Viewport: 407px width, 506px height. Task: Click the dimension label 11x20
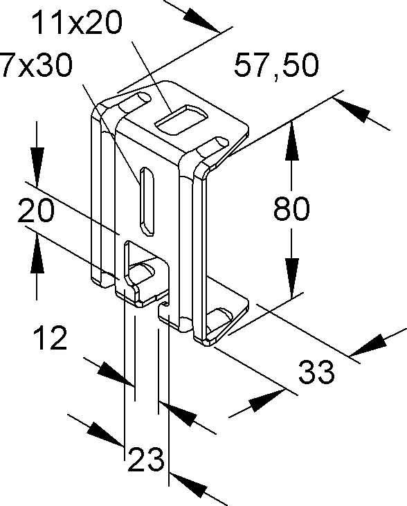tap(77, 23)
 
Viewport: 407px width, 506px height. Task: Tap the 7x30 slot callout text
tap(36, 65)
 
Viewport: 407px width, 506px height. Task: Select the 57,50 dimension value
tap(276, 66)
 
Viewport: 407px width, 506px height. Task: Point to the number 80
tap(291, 208)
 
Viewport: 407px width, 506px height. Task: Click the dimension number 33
tap(316, 372)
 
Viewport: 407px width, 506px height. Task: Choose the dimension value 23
tap(146, 459)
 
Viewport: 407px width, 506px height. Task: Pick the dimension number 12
tap(51, 338)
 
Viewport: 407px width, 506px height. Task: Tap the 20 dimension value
tap(36, 210)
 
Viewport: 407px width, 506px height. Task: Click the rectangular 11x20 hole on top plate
tap(181, 119)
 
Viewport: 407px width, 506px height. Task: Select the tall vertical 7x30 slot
tap(147, 201)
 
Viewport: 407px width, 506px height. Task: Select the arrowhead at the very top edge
tap(201, 20)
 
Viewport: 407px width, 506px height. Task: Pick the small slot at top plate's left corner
tap(135, 100)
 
